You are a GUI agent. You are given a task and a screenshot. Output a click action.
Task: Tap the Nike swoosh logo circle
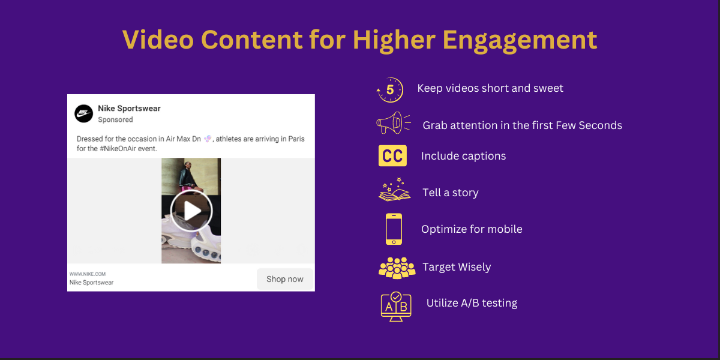(x=83, y=113)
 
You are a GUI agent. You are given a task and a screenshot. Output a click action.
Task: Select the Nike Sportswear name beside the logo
(x=129, y=109)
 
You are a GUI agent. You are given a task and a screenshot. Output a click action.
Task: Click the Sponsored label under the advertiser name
(x=115, y=119)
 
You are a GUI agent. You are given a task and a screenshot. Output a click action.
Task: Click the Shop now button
(x=285, y=279)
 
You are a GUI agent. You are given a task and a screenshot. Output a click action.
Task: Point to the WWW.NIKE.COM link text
(x=88, y=274)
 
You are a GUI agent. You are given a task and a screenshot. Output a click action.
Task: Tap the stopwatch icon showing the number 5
(x=390, y=90)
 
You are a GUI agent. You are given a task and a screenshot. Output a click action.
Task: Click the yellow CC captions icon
(x=393, y=156)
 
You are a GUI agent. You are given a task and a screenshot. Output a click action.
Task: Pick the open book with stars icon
(x=394, y=191)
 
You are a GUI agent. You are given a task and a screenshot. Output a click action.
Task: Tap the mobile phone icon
(x=394, y=229)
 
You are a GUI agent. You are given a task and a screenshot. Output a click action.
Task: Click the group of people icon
(x=397, y=268)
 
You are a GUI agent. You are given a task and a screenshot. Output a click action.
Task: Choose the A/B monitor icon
(x=396, y=306)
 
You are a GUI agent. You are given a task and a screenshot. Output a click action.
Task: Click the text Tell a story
(x=450, y=193)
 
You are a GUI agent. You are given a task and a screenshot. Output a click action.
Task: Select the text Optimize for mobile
(x=472, y=229)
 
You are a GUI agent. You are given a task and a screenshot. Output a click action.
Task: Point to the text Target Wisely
(x=457, y=267)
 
